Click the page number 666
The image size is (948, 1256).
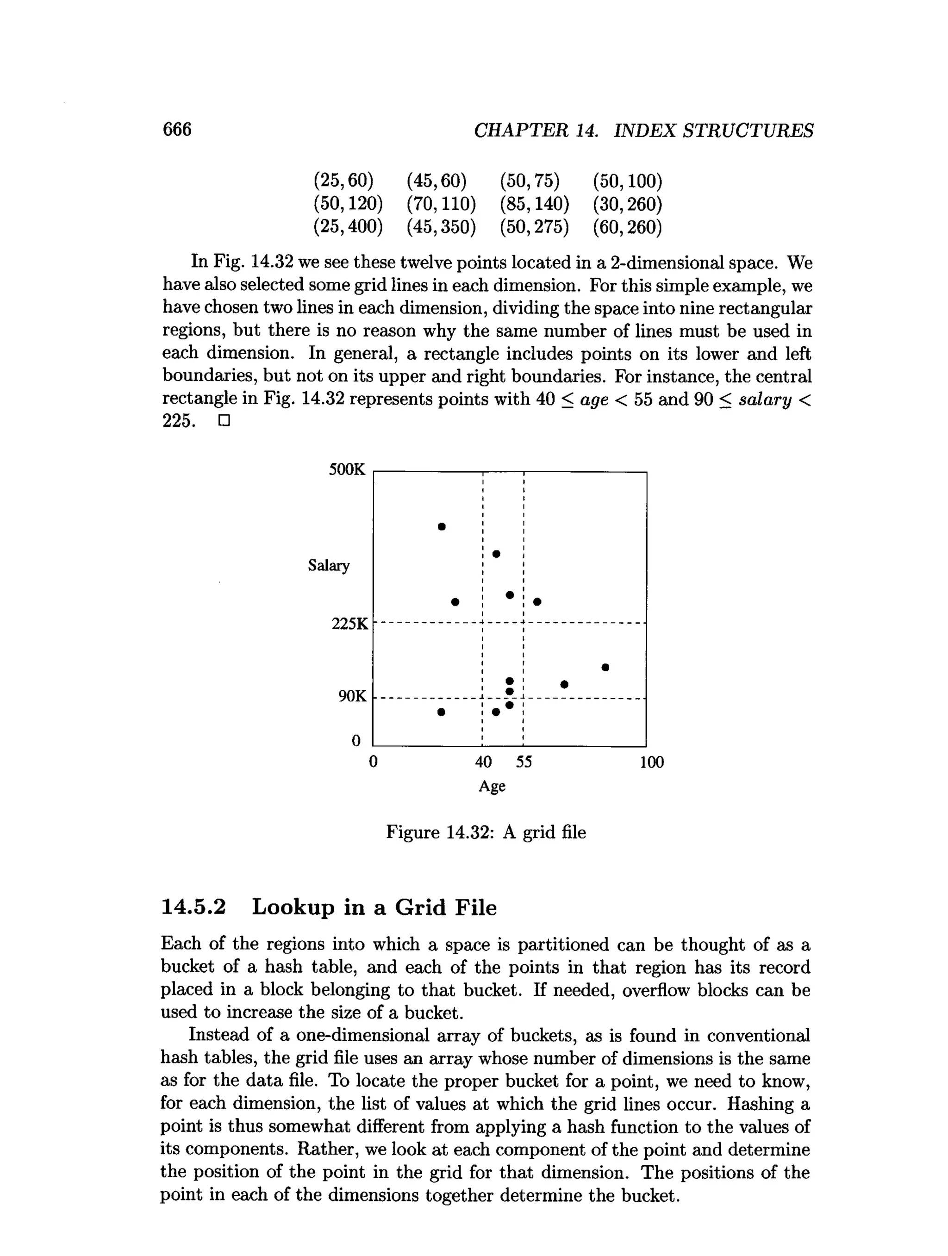tap(177, 130)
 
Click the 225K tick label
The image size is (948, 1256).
tap(349, 624)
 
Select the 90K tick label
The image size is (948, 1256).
tap(353, 696)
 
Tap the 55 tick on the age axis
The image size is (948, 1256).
tap(524, 762)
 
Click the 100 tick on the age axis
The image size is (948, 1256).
tap(651, 762)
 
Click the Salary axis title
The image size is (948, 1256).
tap(329, 566)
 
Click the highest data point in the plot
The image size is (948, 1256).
tap(442, 527)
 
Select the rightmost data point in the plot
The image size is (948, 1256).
tap(605, 667)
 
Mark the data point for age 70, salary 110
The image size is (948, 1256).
tap(564, 684)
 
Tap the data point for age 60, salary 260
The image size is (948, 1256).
tap(537, 601)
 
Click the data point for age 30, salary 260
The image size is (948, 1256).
tap(455, 602)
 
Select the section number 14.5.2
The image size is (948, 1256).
tap(193, 907)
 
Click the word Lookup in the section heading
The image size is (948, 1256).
tap(293, 907)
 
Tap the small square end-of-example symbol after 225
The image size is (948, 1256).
tap(224, 421)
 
